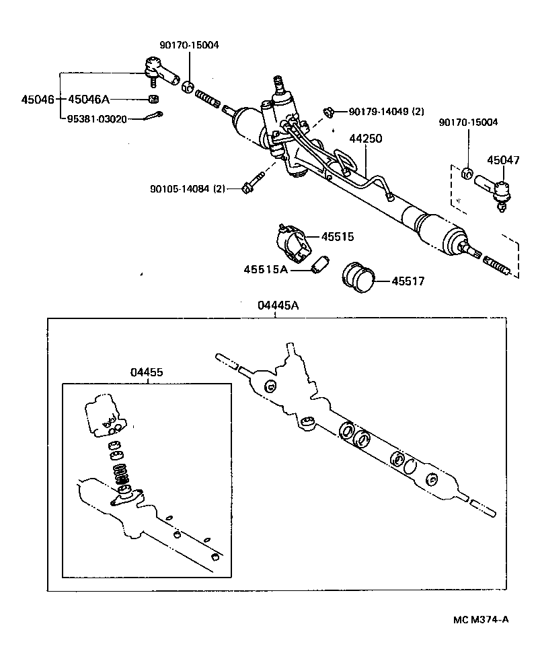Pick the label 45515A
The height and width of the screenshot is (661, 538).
point(266,269)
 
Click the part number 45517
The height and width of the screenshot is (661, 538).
point(408,281)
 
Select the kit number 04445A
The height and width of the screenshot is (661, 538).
point(278,306)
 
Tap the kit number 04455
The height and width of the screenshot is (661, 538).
point(147,372)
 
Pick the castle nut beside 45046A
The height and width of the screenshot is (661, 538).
point(153,100)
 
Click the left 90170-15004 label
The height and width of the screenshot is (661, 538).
point(189,45)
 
